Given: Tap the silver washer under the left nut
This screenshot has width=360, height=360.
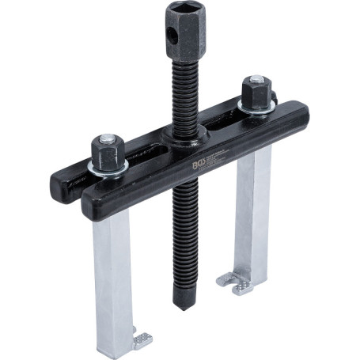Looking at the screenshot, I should coord(107,167).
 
